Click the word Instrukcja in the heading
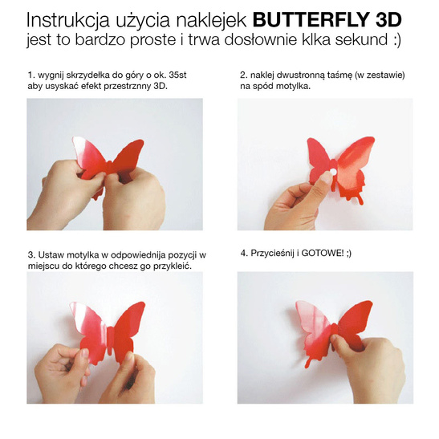(x=69, y=17)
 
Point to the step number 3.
(x=29, y=254)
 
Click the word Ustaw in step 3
(x=49, y=254)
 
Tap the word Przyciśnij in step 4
(x=271, y=253)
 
